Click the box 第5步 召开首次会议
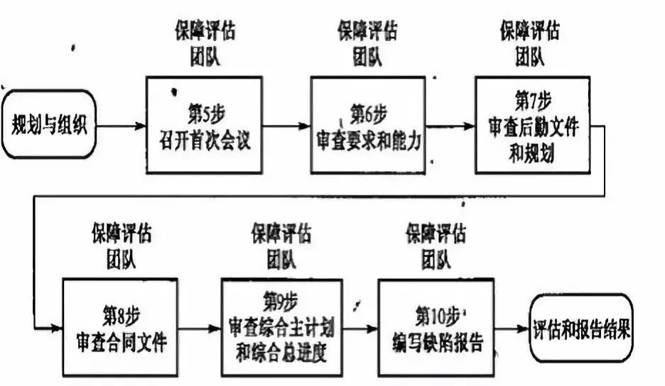coord(204,125)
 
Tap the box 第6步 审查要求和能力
coord(369,126)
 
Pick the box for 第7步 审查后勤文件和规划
coord(532,125)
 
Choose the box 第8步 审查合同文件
coord(121,327)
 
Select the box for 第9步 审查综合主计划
coord(281,327)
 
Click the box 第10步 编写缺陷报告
coord(436,327)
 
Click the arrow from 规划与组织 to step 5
coord(121,126)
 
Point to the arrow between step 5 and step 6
coord(286,126)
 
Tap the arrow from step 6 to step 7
coord(450,126)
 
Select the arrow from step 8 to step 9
coord(200,328)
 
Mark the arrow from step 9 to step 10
coord(359,328)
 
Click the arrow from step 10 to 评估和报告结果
coord(512,328)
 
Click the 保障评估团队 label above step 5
coord(205,43)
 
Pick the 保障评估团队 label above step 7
coord(529,43)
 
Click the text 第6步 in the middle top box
coord(369,112)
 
